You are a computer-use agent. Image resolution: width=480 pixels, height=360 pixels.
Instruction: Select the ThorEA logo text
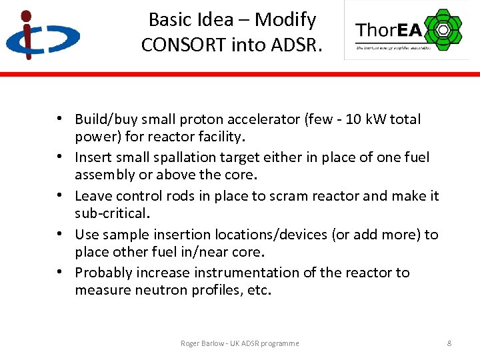(388, 30)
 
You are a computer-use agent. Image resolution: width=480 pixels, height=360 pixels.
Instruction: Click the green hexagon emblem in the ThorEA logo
(442, 30)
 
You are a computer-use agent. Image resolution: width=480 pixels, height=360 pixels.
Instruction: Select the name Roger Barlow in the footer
(203, 343)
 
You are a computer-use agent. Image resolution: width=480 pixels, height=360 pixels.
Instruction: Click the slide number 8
(449, 343)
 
